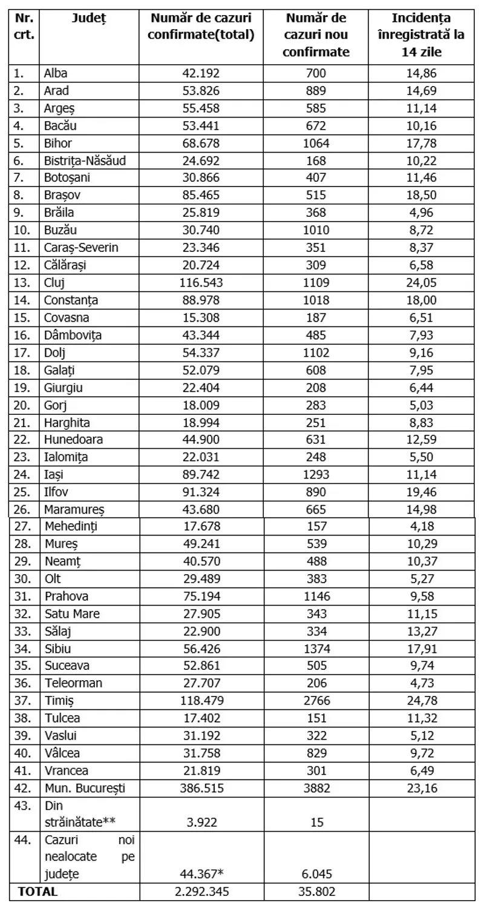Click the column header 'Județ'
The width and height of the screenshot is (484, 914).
88,19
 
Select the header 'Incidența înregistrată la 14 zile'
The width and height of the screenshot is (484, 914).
419,35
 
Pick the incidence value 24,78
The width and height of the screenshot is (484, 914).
419,701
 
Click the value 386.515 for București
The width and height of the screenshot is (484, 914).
201,788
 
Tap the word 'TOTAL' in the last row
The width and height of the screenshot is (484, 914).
38,892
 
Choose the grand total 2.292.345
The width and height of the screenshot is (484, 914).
201,892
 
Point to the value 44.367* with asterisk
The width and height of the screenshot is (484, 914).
201,874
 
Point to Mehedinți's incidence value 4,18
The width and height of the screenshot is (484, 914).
419,526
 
